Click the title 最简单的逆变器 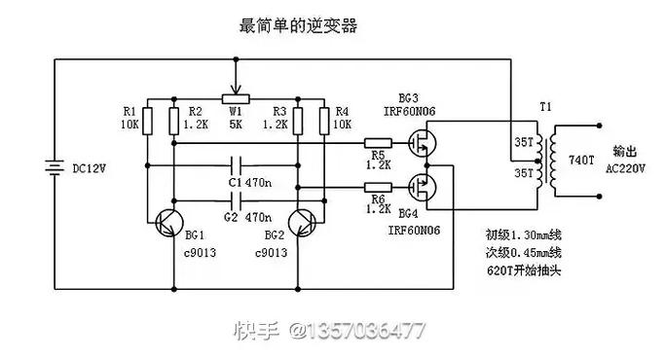[x=298, y=26]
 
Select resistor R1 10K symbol [x=145, y=120]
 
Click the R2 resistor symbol [x=172, y=120]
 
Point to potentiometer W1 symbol [x=234, y=98]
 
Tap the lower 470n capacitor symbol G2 [x=234, y=201]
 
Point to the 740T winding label [x=576, y=159]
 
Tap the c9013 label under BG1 [x=200, y=252]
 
